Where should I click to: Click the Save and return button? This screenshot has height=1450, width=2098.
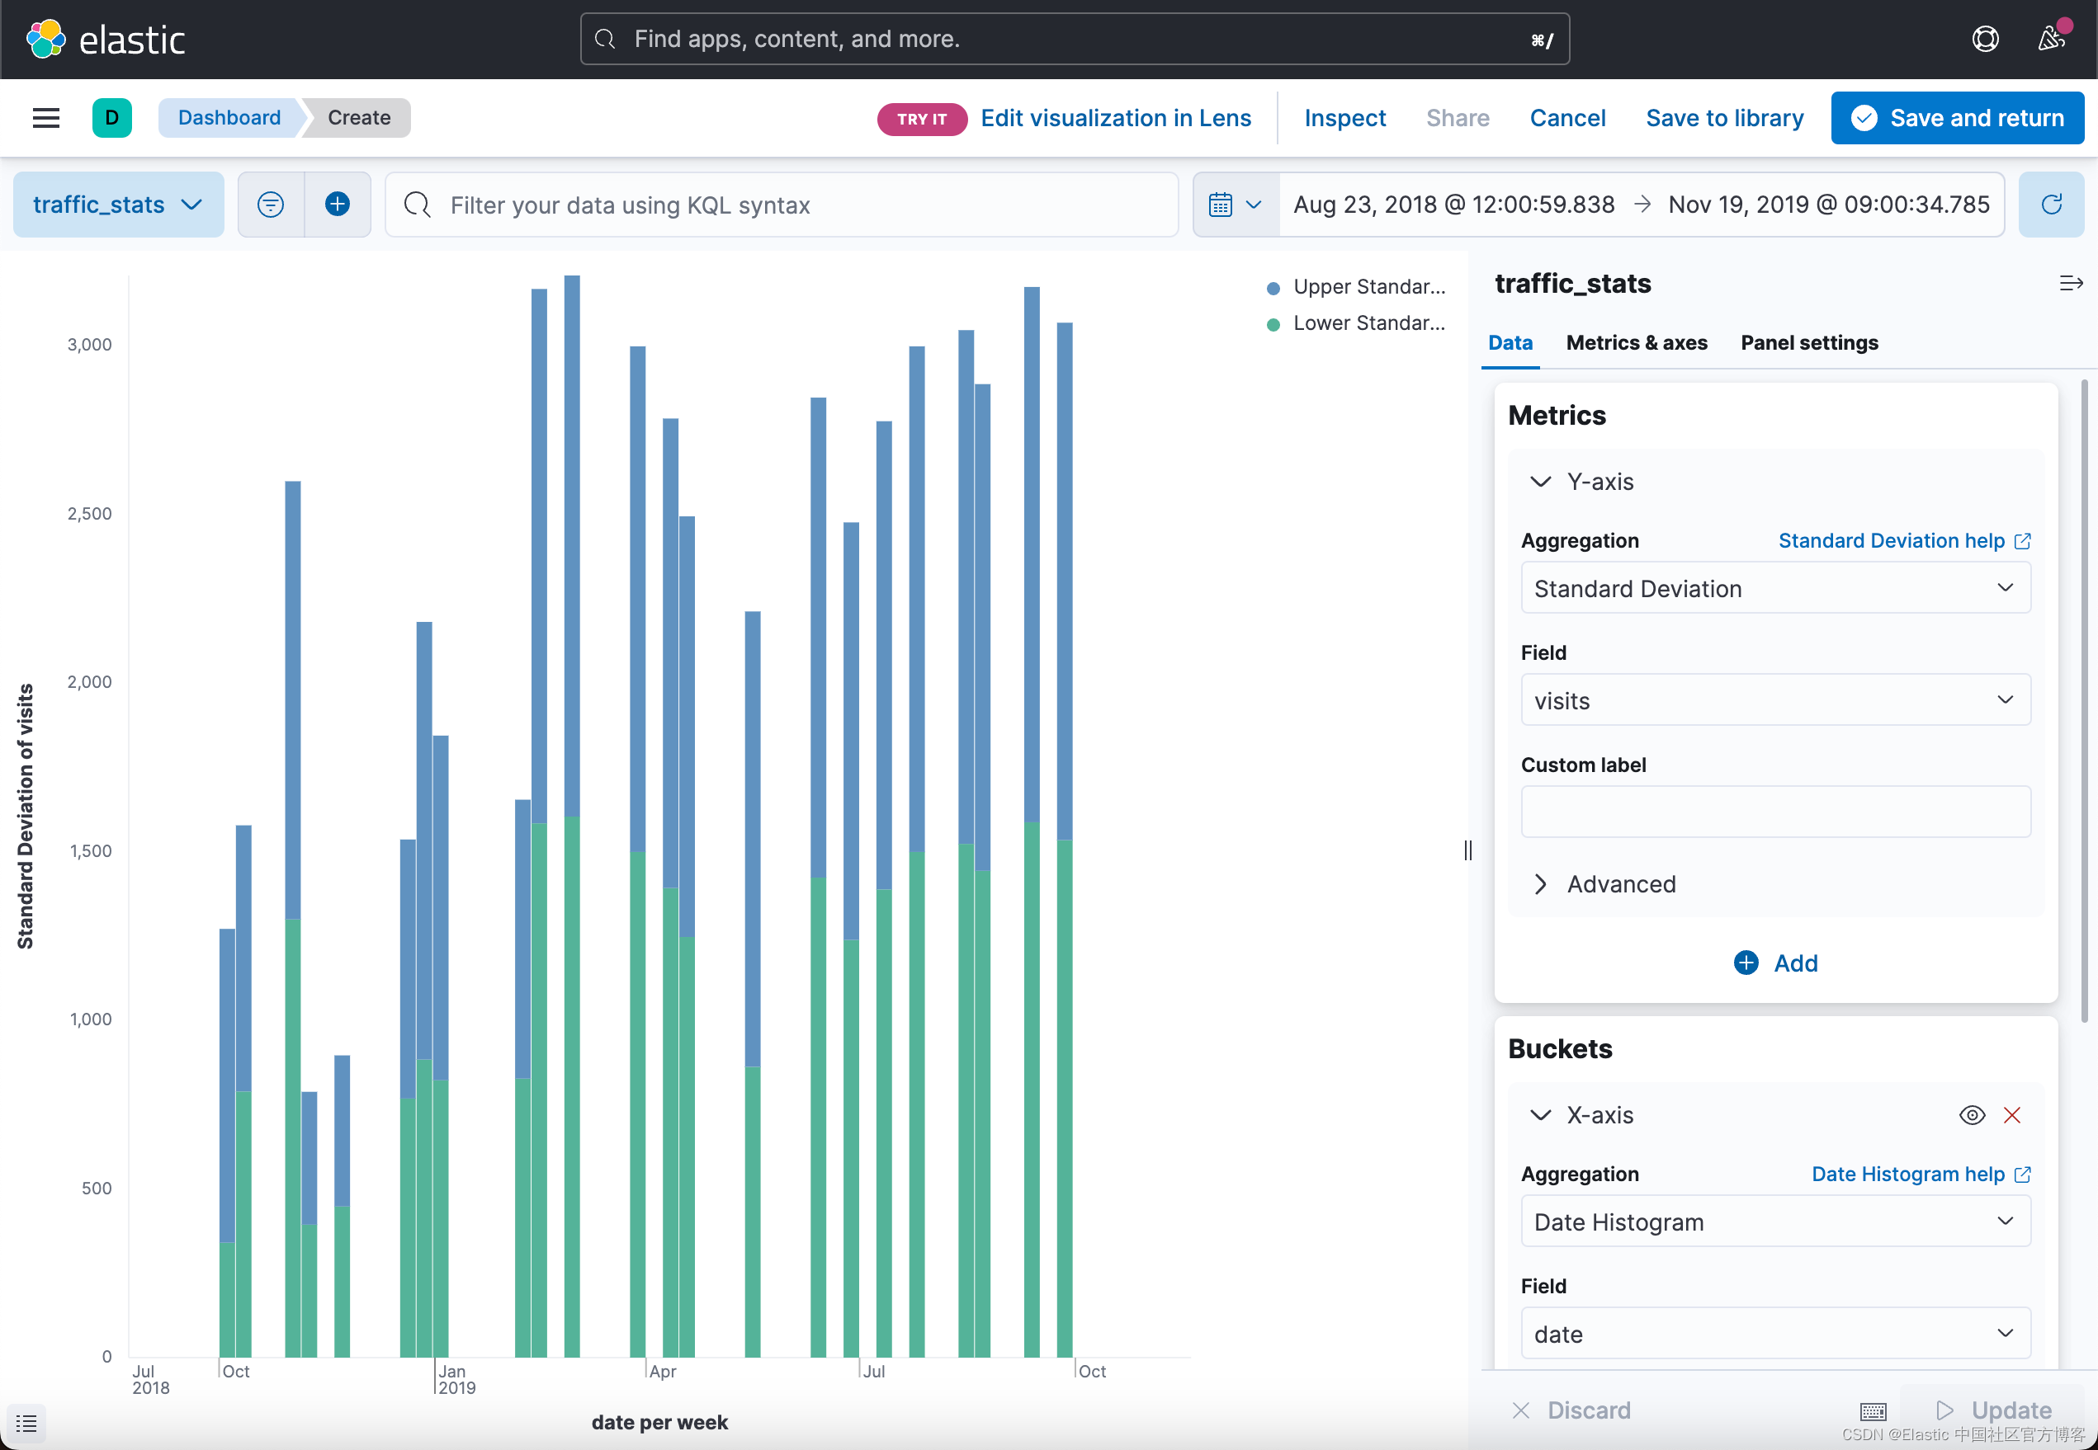1956,118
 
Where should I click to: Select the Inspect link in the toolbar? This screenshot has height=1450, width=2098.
1344,118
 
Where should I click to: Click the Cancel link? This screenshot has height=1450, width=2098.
1567,118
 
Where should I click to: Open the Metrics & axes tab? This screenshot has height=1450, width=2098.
1636,342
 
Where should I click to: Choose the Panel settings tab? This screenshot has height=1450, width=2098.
1809,342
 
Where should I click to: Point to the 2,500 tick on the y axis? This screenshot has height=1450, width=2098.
89,513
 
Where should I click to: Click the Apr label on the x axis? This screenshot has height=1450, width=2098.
663,1371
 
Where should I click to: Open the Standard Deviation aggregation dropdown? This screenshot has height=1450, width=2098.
1774,589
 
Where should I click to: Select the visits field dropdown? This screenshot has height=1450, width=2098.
1774,700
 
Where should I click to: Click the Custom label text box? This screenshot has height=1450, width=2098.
1774,812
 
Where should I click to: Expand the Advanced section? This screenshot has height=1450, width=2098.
1620,884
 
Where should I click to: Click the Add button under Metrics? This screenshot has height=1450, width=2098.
1776,963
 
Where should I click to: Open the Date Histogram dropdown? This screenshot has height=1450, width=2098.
1774,1222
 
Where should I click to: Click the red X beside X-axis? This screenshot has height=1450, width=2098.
2011,1116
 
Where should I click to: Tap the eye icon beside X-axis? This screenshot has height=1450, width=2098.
1972,1116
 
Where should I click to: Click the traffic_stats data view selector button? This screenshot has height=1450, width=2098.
118,205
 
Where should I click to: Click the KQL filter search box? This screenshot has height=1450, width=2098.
782,205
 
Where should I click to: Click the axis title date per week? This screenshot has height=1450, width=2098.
659,1422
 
